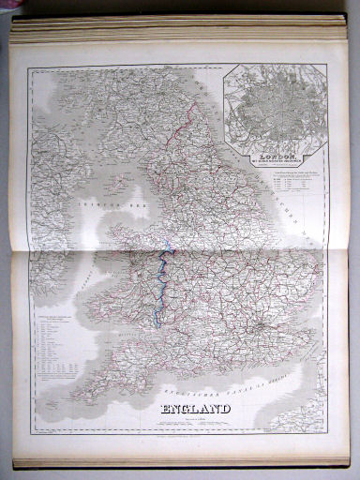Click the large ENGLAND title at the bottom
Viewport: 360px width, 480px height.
[196, 409]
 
